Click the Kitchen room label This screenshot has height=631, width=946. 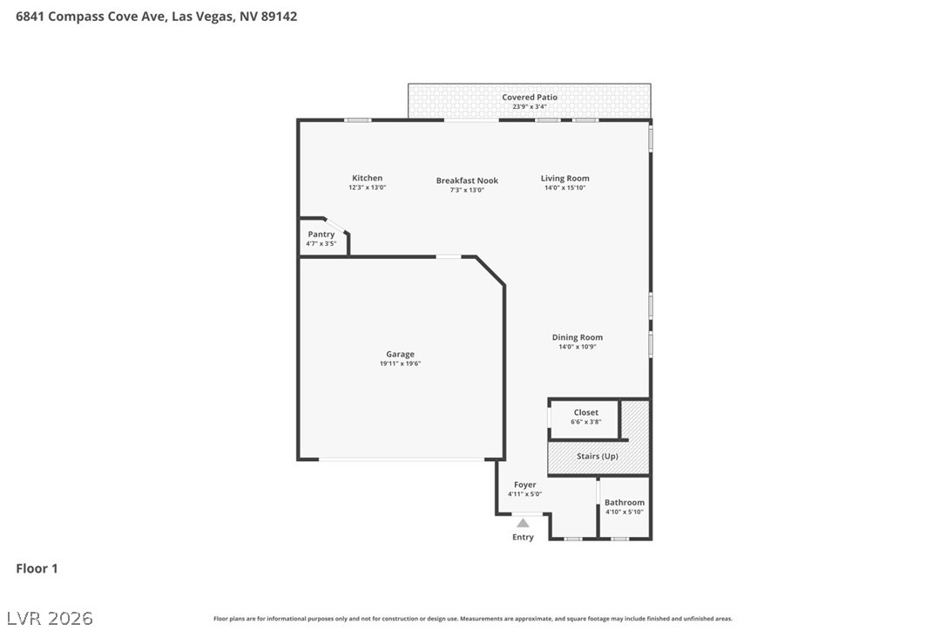367,178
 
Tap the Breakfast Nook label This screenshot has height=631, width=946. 467,180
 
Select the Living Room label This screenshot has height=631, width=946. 564,179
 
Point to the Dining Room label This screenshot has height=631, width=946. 577,337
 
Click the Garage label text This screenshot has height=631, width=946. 400,355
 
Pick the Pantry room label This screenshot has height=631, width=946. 321,234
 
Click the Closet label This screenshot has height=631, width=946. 586,413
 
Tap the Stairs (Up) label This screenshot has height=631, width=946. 598,457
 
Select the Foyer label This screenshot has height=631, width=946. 525,485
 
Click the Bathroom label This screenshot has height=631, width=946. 625,502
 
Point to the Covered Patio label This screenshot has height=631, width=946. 530,98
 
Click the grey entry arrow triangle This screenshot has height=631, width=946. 523,523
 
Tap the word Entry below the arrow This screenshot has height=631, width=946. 523,538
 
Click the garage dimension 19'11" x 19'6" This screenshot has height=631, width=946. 400,363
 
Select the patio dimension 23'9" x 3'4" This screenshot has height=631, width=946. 530,107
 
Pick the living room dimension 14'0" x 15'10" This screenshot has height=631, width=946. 564,187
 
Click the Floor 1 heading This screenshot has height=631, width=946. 37,568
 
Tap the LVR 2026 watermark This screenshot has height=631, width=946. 50,618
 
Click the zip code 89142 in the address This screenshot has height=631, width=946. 279,17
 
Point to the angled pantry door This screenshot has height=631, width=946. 335,225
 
